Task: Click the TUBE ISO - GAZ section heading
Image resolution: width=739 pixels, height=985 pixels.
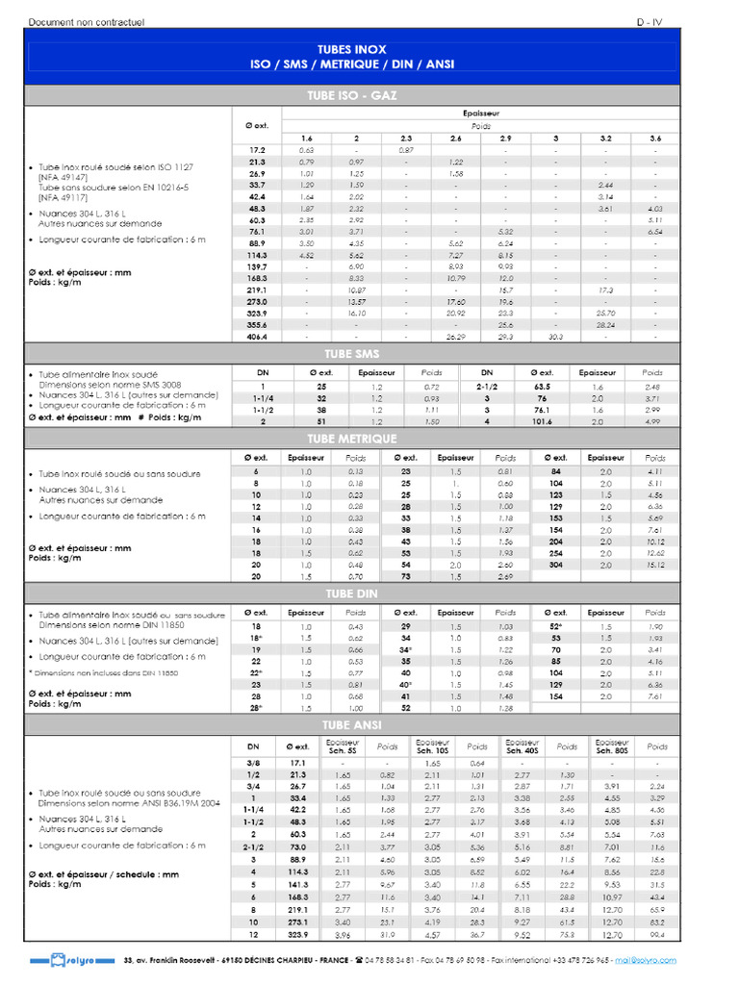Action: (351, 95)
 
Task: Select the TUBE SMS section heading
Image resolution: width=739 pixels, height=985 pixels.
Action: (351, 354)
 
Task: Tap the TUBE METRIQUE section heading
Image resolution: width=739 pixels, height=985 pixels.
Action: (351, 439)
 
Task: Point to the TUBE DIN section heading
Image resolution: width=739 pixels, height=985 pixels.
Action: (351, 594)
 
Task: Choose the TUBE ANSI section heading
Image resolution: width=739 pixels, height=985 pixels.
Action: (351, 724)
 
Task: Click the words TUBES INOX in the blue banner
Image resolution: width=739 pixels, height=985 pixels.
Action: (351, 47)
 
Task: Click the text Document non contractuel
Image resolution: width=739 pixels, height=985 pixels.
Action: (87, 21)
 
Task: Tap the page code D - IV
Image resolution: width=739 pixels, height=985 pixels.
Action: (650, 21)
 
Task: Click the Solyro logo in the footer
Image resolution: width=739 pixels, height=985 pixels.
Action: (60, 961)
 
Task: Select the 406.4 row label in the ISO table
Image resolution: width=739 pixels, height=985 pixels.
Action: (257, 338)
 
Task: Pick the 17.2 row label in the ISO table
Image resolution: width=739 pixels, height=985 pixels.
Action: (257, 150)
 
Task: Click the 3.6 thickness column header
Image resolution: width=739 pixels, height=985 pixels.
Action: (655, 139)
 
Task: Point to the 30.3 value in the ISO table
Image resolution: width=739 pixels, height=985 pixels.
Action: (555, 338)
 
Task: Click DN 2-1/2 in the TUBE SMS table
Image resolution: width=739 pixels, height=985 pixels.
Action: (487, 386)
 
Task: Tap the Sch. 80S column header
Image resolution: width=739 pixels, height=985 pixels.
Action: (613, 746)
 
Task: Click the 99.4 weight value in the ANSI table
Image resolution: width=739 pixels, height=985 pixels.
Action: (657, 934)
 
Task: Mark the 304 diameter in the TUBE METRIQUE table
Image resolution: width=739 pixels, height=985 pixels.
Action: (556, 565)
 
